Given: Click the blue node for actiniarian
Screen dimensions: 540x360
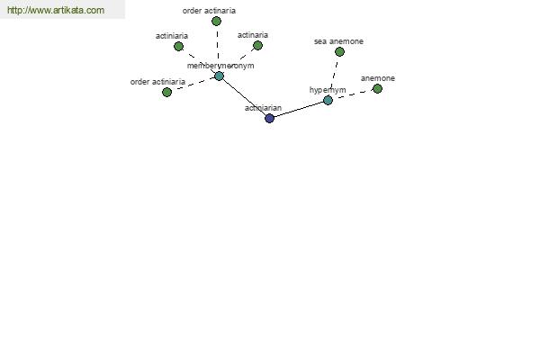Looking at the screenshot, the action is tap(269, 118).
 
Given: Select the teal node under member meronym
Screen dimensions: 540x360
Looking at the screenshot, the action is tap(219, 76).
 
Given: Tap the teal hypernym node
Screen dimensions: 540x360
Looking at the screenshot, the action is tap(328, 100).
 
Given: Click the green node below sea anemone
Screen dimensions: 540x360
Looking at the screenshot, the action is tap(339, 51).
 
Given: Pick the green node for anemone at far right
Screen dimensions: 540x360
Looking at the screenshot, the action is tap(377, 88).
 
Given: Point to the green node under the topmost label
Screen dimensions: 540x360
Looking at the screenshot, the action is tap(216, 22).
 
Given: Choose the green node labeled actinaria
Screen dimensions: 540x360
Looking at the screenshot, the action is tap(257, 45).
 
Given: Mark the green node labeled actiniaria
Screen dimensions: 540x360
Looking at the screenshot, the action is tap(178, 46).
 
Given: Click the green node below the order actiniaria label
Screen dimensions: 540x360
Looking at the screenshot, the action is tap(166, 92).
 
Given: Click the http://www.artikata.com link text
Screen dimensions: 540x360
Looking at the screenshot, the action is tap(56, 10).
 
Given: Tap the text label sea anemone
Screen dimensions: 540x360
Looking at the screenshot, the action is tap(338, 41).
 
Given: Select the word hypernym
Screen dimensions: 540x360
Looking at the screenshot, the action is tap(328, 90).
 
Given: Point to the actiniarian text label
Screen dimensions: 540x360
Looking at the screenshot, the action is tap(263, 108).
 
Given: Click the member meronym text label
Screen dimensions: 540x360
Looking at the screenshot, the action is tap(220, 66).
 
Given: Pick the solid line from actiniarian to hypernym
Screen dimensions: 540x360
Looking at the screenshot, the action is tap(299, 109).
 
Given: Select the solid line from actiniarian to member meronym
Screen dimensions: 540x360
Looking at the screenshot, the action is tap(244, 97).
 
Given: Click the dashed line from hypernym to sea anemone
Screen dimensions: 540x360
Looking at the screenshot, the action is tap(334, 76).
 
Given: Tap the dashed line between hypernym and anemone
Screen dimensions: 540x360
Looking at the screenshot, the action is tap(353, 94).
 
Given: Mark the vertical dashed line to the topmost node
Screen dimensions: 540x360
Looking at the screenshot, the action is tap(218, 49).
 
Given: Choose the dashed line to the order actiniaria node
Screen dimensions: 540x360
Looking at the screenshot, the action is tap(193, 84).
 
